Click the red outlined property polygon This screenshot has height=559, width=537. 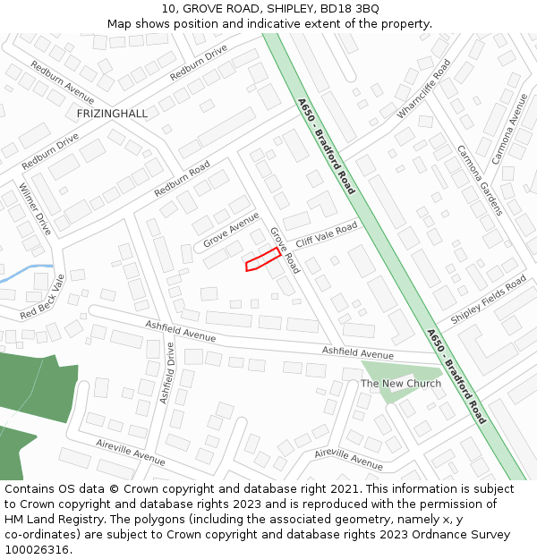[x=263, y=260]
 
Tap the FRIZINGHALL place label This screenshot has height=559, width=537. [x=112, y=114]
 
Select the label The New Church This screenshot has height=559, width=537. [x=400, y=384]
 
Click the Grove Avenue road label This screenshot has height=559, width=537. [x=231, y=230]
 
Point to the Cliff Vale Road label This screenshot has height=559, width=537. [x=327, y=235]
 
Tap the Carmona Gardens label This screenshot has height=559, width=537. [x=480, y=180]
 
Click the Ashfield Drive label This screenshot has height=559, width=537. [x=166, y=372]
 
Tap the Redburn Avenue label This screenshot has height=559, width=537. [x=63, y=81]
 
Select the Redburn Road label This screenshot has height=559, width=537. [x=182, y=179]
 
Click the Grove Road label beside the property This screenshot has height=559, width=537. [x=285, y=250]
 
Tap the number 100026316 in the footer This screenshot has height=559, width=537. [x=37, y=550]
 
